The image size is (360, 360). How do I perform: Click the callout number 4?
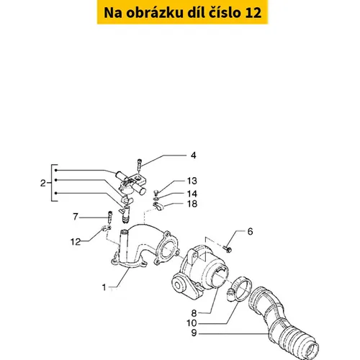point(193,156)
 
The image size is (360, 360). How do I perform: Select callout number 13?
point(192,181)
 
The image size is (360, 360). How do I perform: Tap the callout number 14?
point(192,194)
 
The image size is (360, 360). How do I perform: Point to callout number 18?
point(192,204)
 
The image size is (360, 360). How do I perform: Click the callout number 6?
point(250,231)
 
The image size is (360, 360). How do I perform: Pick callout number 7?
point(76,217)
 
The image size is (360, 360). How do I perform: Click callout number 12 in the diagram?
point(76,242)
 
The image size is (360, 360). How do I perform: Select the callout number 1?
point(104,287)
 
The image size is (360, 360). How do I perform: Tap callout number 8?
point(194,313)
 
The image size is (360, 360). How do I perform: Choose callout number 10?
point(192,323)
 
